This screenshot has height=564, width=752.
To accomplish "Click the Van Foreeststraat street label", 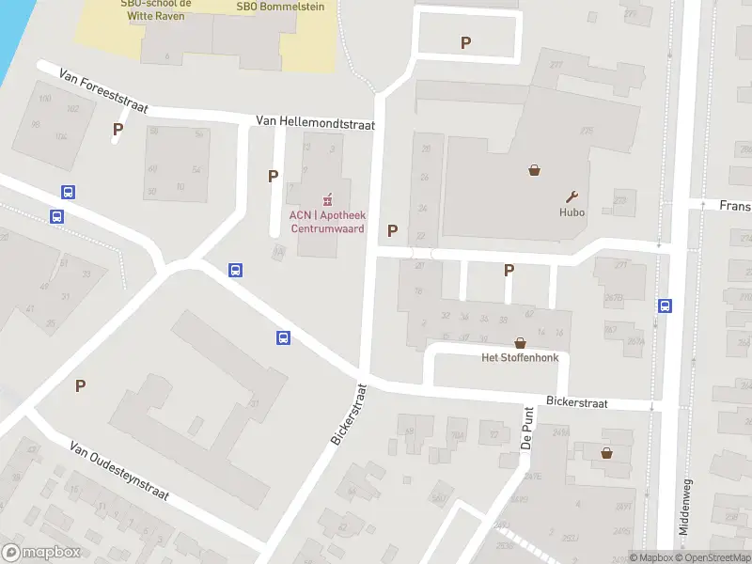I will click(102, 90).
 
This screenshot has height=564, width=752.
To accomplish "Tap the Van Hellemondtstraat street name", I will click(316, 122).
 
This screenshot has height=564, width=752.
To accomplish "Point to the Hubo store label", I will click(572, 212).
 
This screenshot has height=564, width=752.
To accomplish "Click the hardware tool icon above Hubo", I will click(571, 196).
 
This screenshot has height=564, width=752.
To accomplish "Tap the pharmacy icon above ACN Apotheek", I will click(327, 199).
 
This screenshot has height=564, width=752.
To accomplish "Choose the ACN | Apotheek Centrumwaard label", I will click(327, 221).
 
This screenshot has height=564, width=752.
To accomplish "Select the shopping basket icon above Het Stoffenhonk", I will click(519, 343).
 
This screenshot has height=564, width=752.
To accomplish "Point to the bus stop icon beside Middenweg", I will click(665, 305).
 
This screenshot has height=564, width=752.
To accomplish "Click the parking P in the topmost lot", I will click(465, 42).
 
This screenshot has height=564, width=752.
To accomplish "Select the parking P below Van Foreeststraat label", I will click(118, 130).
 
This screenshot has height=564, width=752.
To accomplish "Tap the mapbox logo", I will click(41, 553).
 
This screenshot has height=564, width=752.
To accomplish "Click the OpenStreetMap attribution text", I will click(717, 557).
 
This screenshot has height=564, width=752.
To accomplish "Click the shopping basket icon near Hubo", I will click(535, 170).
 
